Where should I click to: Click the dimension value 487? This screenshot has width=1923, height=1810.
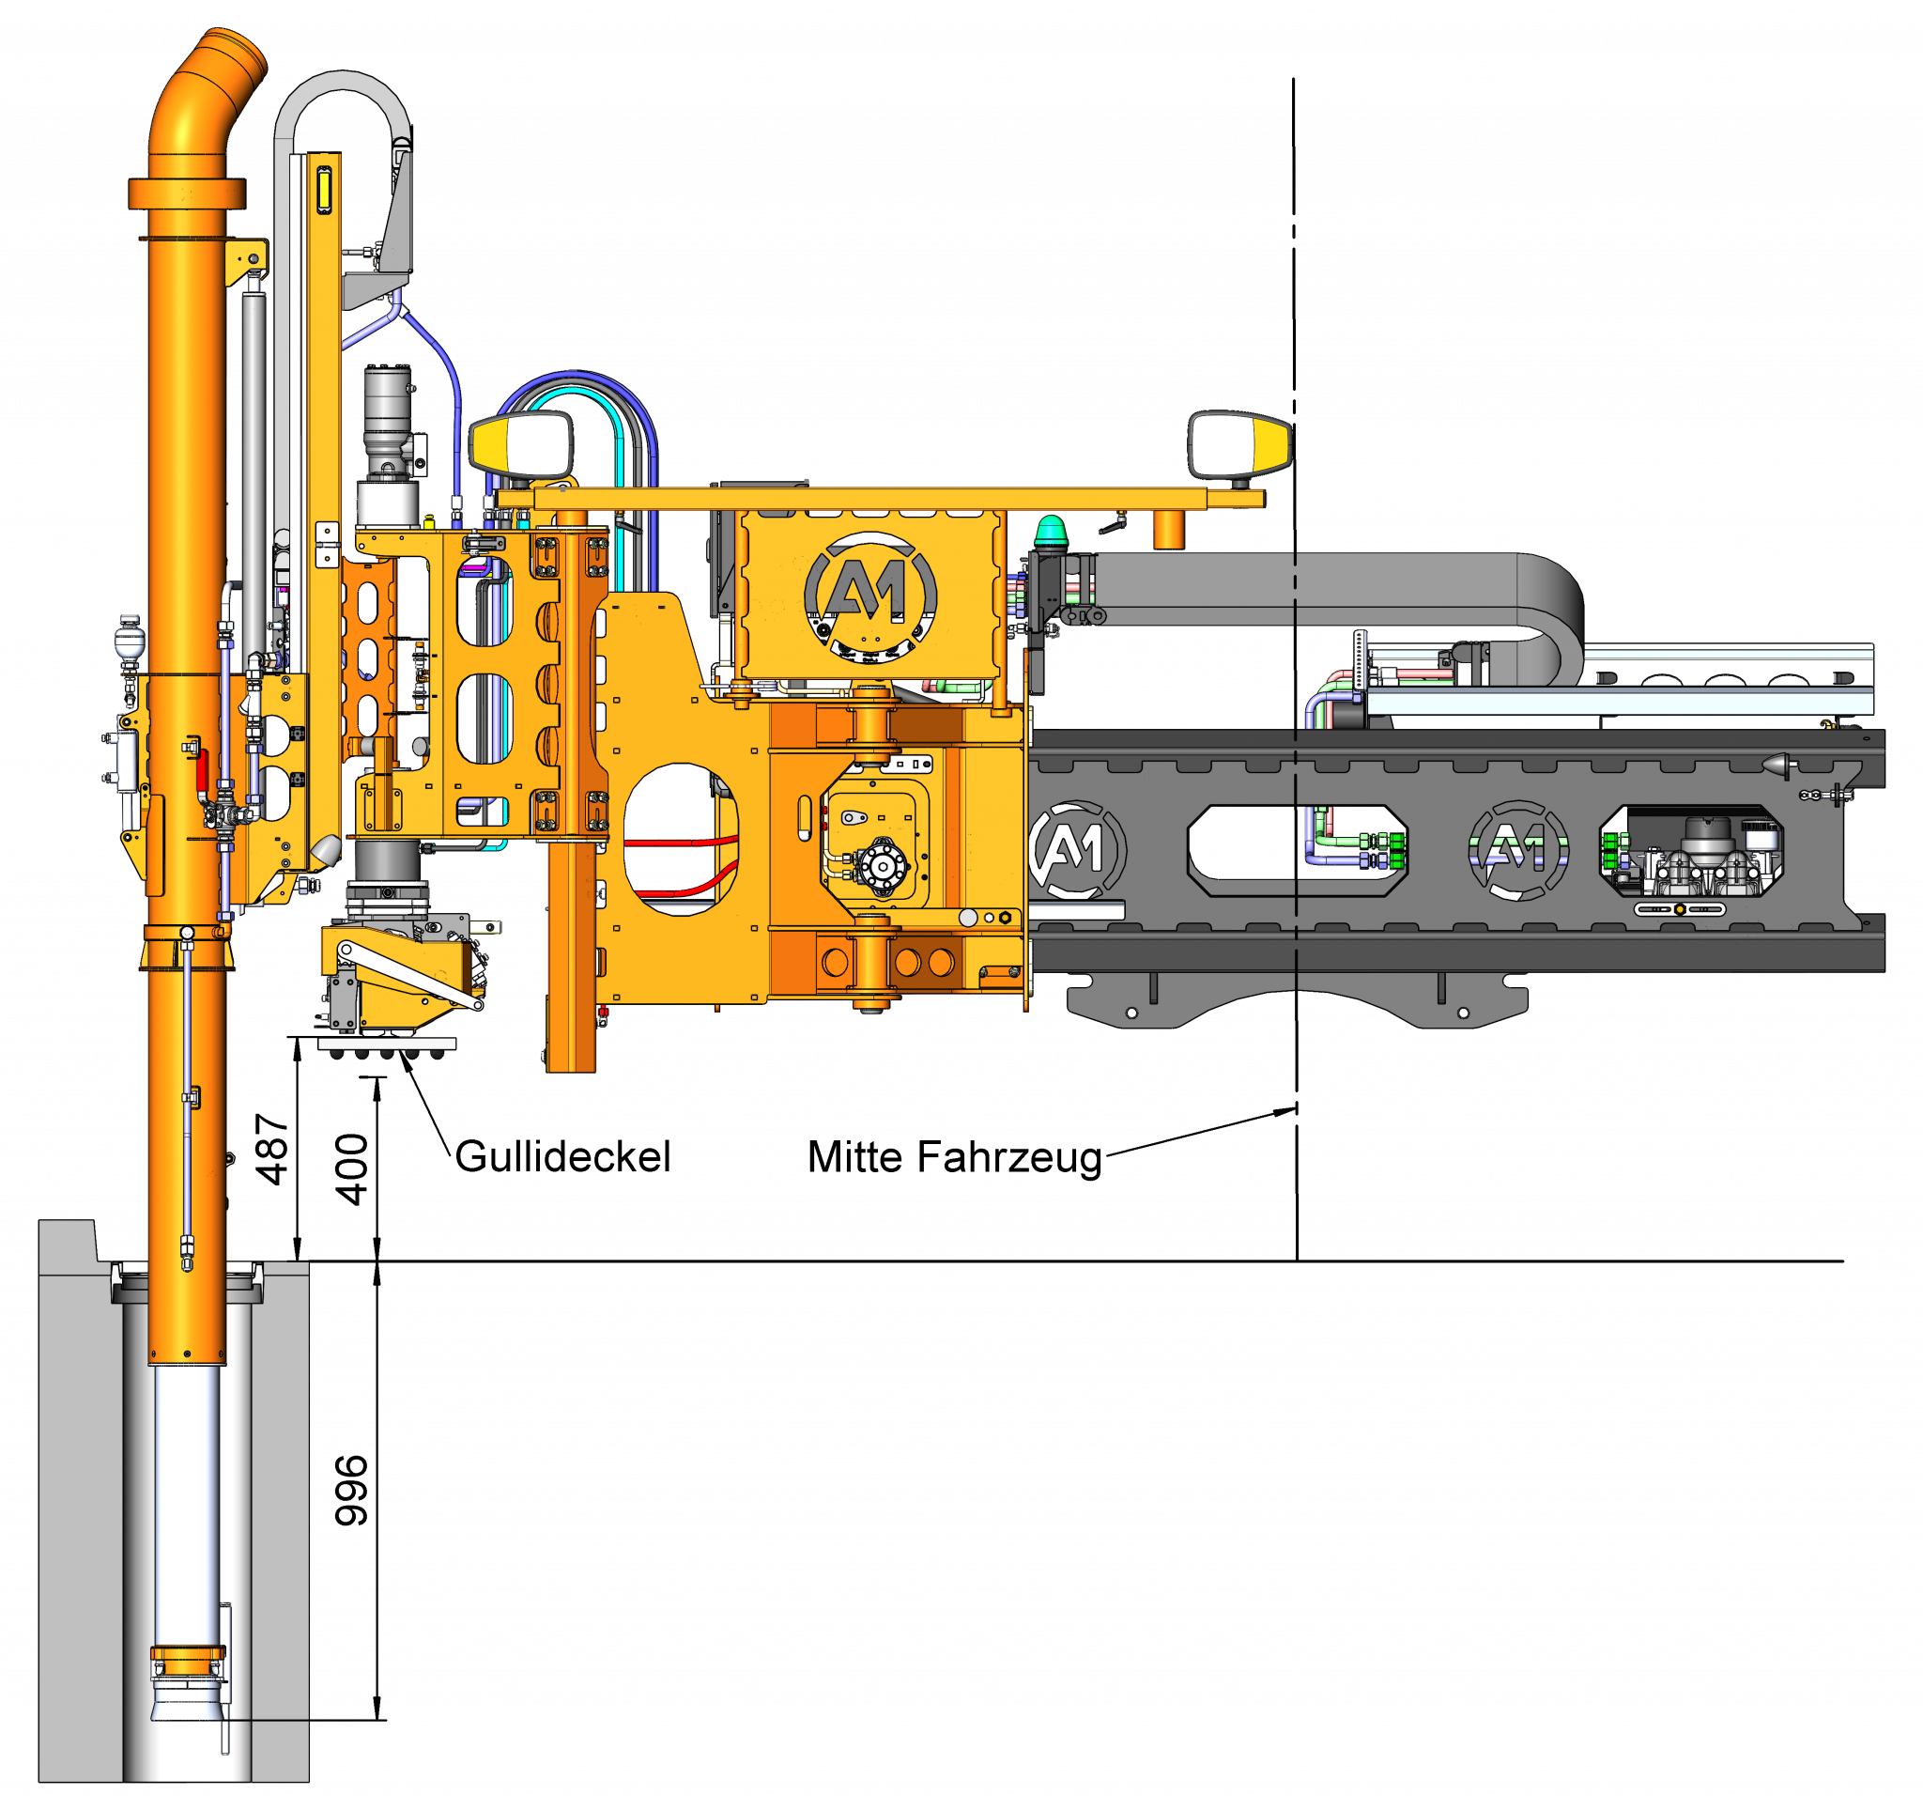[271, 1150]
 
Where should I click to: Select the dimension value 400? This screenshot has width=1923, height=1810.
[351, 1168]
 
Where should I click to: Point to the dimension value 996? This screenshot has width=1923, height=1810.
[351, 1490]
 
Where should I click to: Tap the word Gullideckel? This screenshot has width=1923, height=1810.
[563, 1157]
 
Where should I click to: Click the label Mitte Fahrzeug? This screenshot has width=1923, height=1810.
[955, 1158]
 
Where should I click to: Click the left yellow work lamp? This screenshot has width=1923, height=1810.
[520, 445]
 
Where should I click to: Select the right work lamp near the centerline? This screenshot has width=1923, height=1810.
[1240, 445]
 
